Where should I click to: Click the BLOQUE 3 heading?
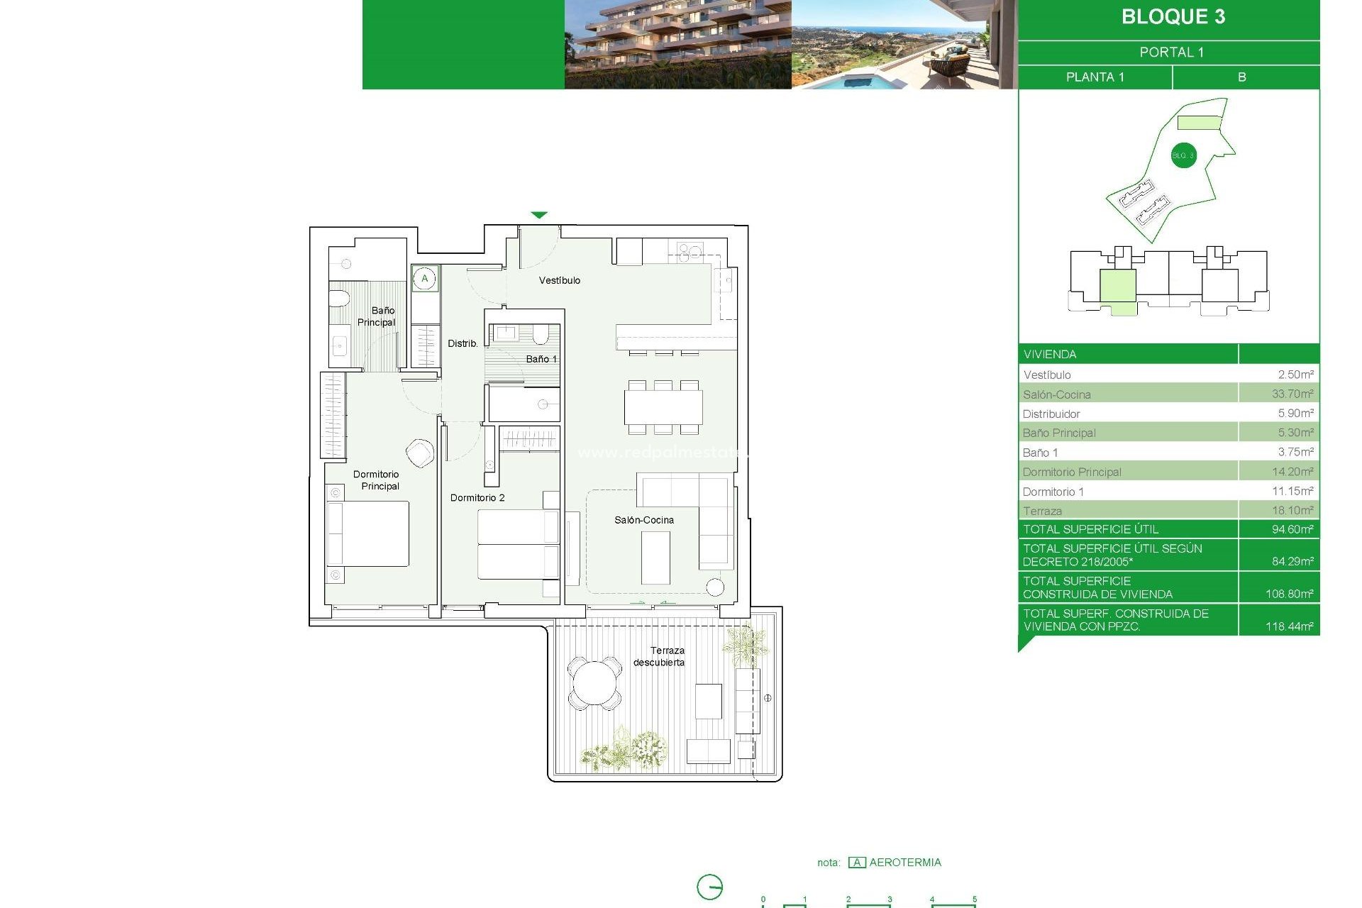[1173, 17]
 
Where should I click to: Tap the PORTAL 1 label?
[1171, 52]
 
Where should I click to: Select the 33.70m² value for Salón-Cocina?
[1292, 394]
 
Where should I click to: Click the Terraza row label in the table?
[1042, 511]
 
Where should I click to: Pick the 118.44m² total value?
[1288, 626]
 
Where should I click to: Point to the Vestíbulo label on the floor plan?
[559, 280]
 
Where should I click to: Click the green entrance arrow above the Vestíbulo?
[539, 215]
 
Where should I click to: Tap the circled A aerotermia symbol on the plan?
[425, 278]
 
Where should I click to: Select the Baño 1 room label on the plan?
[541, 359]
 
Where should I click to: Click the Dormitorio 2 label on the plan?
[477, 497]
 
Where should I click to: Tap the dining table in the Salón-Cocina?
[663, 407]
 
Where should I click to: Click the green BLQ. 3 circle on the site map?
[1183, 155]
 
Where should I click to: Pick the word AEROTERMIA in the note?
[905, 863]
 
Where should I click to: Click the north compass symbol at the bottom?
[709, 887]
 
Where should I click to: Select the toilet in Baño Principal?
[339, 298]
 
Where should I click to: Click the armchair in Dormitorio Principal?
[420, 453]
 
